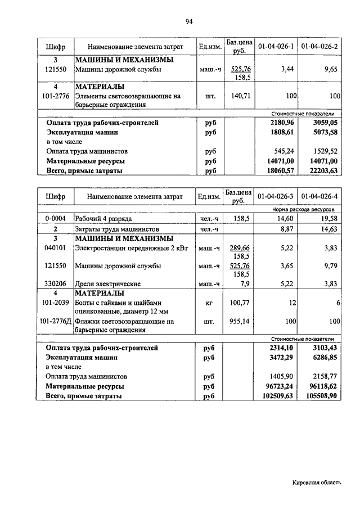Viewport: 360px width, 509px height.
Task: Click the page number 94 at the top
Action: click(189, 21)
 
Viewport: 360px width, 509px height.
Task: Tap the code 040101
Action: click(56, 247)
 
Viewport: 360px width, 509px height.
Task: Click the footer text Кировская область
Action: click(316, 483)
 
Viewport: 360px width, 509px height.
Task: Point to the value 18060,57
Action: click(278, 170)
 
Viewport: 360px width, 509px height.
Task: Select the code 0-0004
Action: click(56, 219)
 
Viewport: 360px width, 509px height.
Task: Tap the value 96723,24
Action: click(278, 386)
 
